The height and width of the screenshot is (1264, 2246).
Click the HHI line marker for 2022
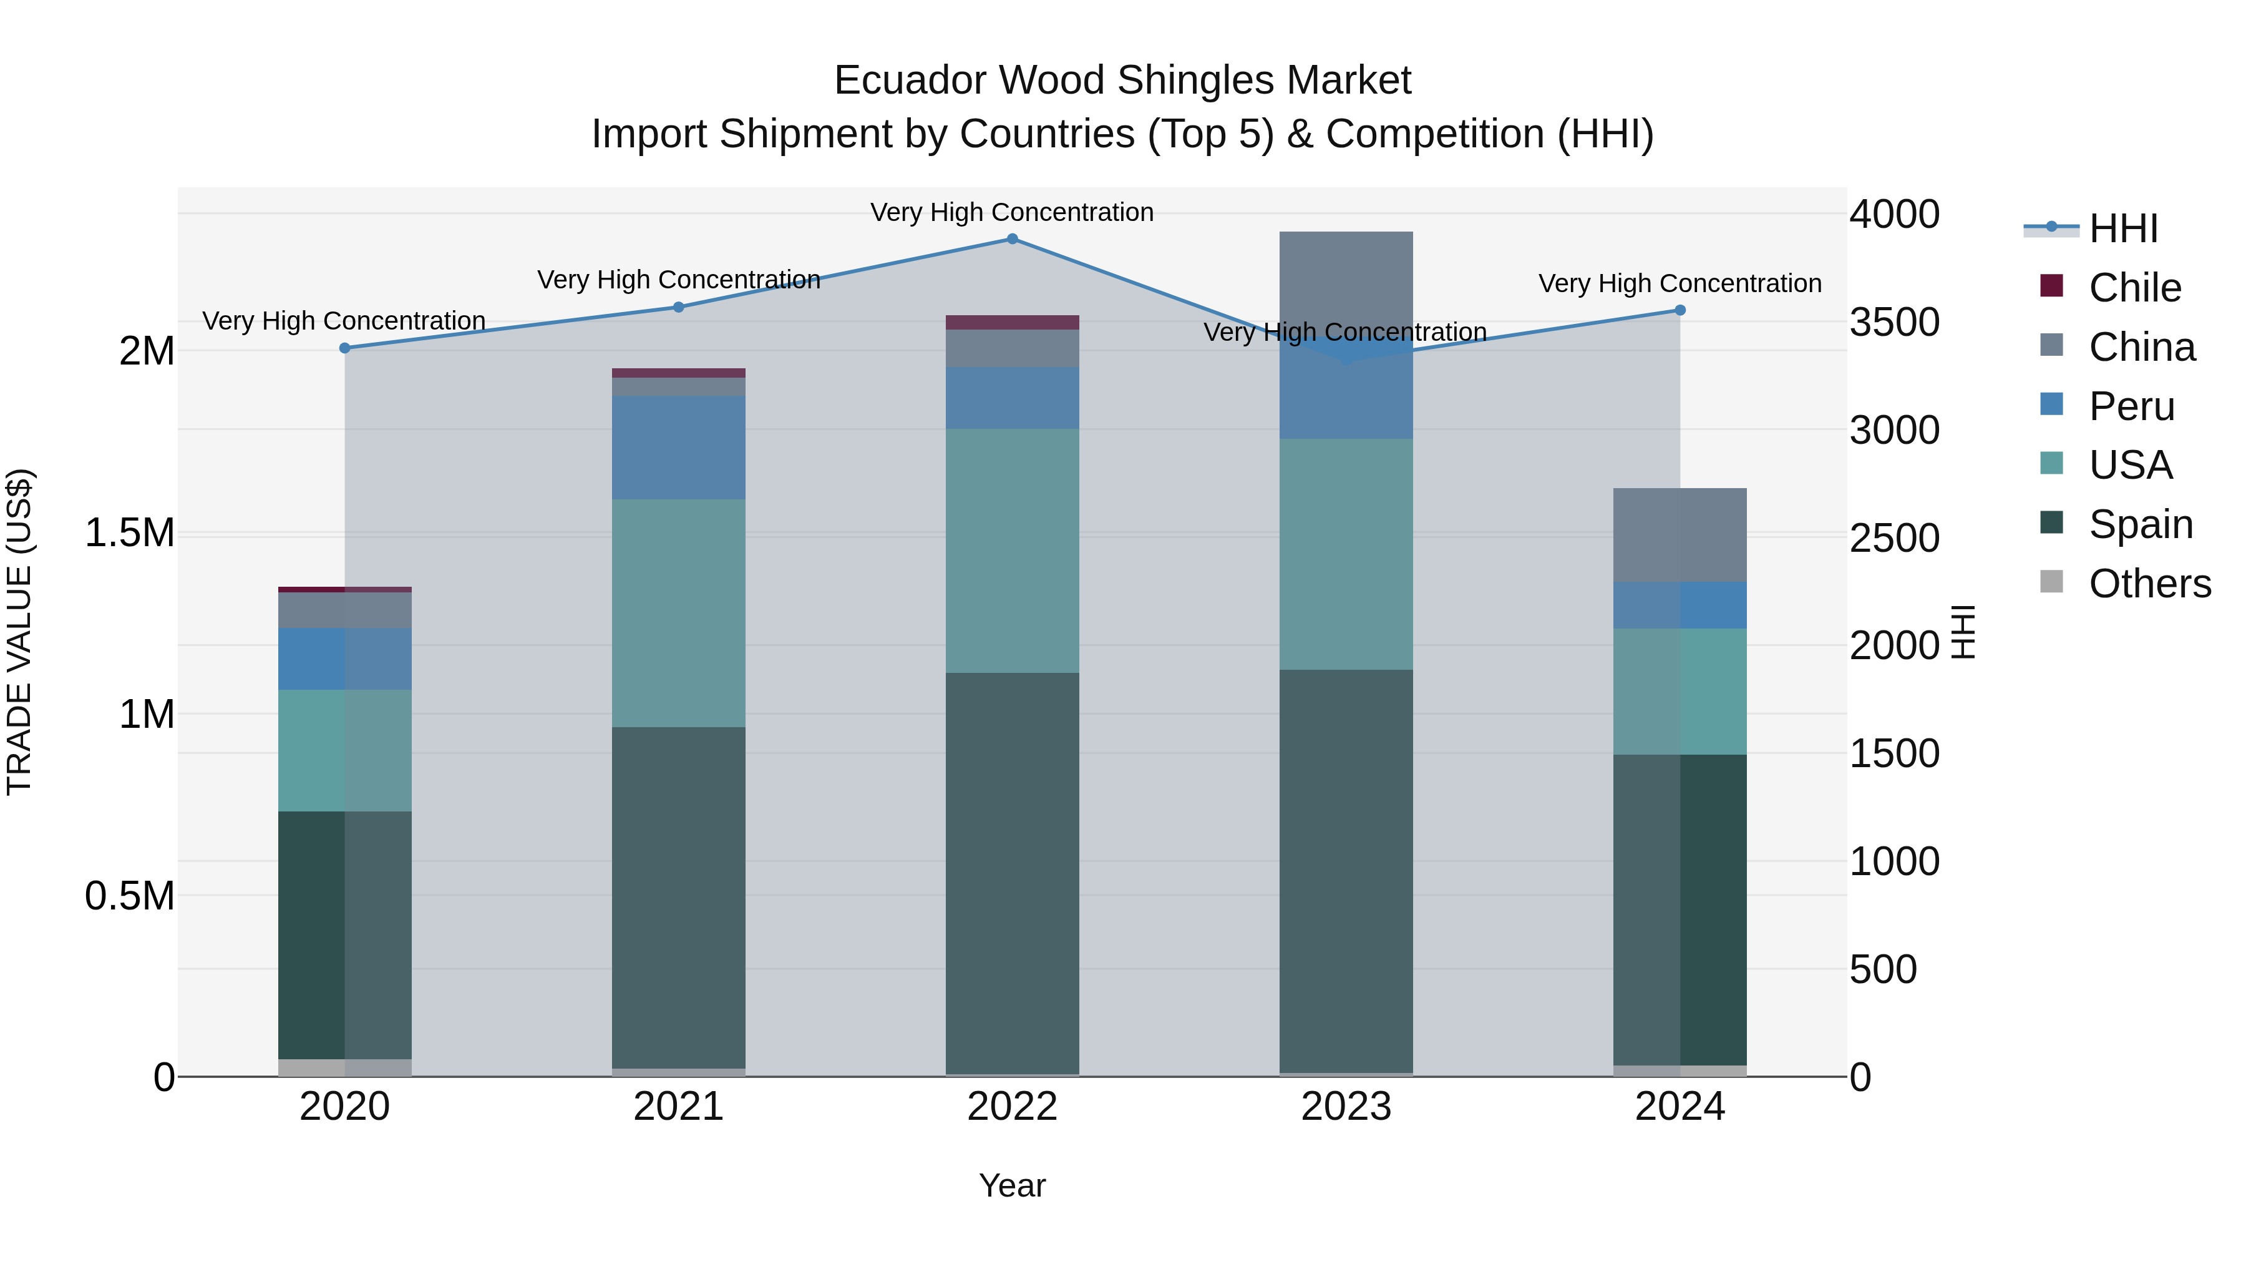(x=1013, y=239)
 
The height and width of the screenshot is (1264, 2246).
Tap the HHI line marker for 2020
(x=344, y=348)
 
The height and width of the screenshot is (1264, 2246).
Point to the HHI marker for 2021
(x=678, y=307)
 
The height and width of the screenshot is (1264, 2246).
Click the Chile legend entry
(x=2134, y=287)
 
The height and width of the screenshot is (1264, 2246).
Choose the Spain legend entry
(x=2141, y=524)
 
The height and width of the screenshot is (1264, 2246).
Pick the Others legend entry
(x=2149, y=584)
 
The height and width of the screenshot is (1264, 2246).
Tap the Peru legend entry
(x=2131, y=406)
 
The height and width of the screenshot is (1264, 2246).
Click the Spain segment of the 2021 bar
(x=678, y=897)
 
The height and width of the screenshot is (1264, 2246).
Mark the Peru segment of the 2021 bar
(x=678, y=447)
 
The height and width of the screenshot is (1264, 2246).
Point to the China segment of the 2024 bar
(x=1680, y=535)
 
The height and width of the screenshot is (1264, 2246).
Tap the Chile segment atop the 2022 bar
(x=1013, y=322)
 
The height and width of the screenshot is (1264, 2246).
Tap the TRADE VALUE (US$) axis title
(x=19, y=632)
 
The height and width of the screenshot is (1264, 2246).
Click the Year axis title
(x=1013, y=1185)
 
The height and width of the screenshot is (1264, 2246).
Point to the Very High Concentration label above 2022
(x=1013, y=212)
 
